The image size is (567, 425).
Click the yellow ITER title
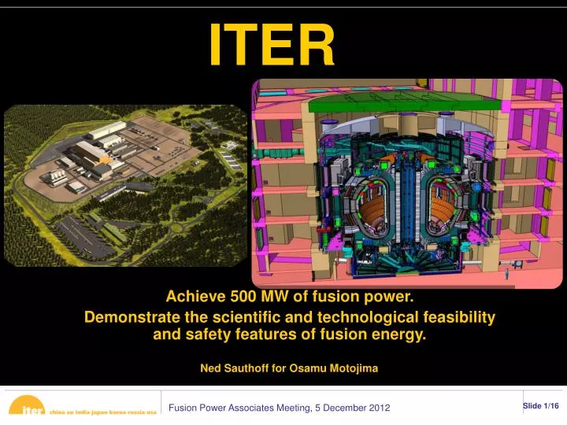[x=272, y=45]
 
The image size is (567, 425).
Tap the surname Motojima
[x=353, y=367]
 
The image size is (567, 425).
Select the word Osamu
[x=308, y=367]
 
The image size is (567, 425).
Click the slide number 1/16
[x=550, y=405]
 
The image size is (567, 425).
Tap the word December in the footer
[x=339, y=407]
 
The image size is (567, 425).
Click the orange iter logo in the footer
[x=30, y=409]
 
